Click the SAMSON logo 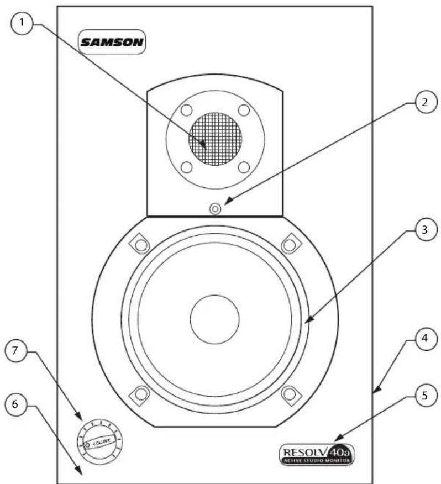[x=112, y=42]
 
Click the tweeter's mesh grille [x=215, y=139]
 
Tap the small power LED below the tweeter [x=215, y=209]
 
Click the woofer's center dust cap [x=214, y=318]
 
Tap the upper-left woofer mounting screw [x=140, y=244]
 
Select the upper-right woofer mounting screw [x=289, y=244]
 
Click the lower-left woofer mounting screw [x=140, y=394]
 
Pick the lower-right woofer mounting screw [x=289, y=393]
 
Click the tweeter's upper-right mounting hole [x=243, y=110]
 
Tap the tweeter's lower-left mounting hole [x=187, y=166]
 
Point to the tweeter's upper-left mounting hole [x=187, y=110]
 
